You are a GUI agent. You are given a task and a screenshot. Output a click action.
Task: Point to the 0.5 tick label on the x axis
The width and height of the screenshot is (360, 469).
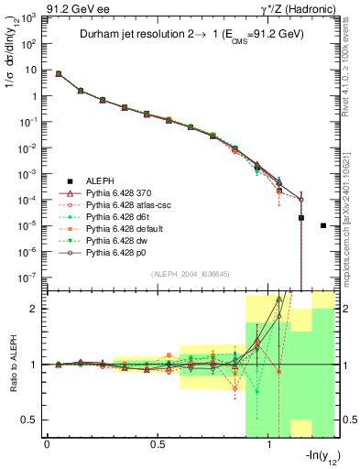157,443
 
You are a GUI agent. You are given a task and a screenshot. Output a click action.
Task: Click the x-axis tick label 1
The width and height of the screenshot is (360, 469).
269,443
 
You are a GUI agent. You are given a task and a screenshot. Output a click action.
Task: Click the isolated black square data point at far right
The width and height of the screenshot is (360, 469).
323,225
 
